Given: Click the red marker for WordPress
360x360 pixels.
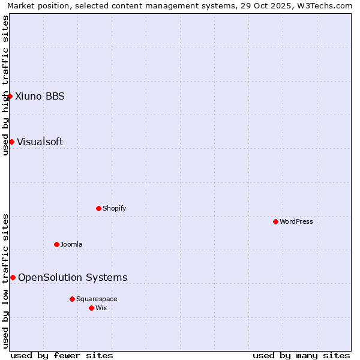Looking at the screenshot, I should pyautogui.click(x=275, y=221).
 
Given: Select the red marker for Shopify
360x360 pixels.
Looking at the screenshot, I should pyautogui.click(x=98, y=208).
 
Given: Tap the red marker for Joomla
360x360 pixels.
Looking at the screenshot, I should pyautogui.click(x=56, y=244).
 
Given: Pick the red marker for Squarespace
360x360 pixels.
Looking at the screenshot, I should pyautogui.click(x=72, y=299).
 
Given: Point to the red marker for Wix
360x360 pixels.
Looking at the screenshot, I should pyautogui.click(x=91, y=308).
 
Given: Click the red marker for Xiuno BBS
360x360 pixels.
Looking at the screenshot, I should pyautogui.click(x=10, y=96).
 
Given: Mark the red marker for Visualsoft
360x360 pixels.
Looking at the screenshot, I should pyautogui.click(x=11, y=142).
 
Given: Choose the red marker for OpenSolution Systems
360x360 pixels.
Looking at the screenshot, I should pyautogui.click(x=13, y=277).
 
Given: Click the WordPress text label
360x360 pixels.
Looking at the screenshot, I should pyautogui.click(x=296, y=221).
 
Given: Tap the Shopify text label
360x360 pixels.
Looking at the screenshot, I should pyautogui.click(x=114, y=208).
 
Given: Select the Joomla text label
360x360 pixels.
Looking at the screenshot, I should pyautogui.click(x=71, y=244).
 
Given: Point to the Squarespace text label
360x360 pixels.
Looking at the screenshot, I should pyautogui.click(x=97, y=299).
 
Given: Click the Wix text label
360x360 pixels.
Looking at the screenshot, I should pyautogui.click(x=101, y=308).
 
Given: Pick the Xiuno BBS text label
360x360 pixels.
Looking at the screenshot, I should pyautogui.click(x=40, y=96).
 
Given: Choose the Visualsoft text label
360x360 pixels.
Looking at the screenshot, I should pyautogui.click(x=40, y=142).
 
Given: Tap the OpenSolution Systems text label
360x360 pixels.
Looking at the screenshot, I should pyautogui.click(x=73, y=277).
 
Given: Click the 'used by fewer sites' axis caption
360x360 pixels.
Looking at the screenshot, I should pyautogui.click(x=62, y=355).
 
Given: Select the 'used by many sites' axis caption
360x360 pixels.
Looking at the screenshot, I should pyautogui.click(x=301, y=355).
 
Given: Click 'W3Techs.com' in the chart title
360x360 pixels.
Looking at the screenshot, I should pyautogui.click(x=326, y=5).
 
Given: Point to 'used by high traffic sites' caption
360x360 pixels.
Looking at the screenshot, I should pyautogui.click(x=5, y=85).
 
